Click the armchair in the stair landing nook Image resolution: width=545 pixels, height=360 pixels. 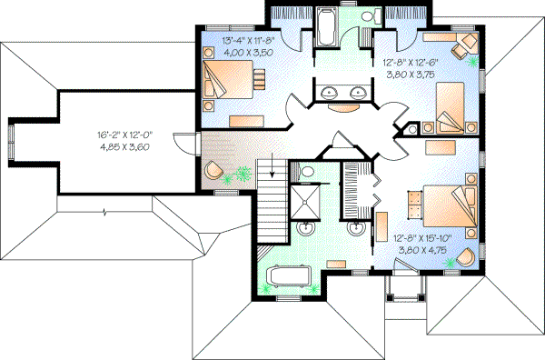click(x=214, y=170)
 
